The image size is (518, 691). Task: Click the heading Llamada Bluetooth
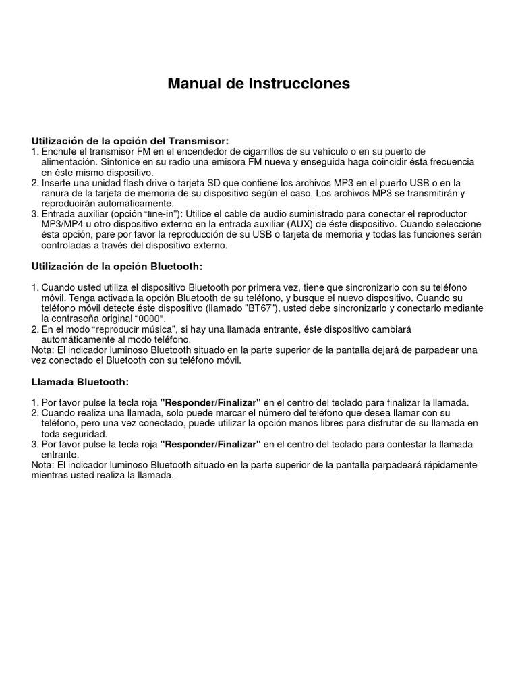(80, 381)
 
